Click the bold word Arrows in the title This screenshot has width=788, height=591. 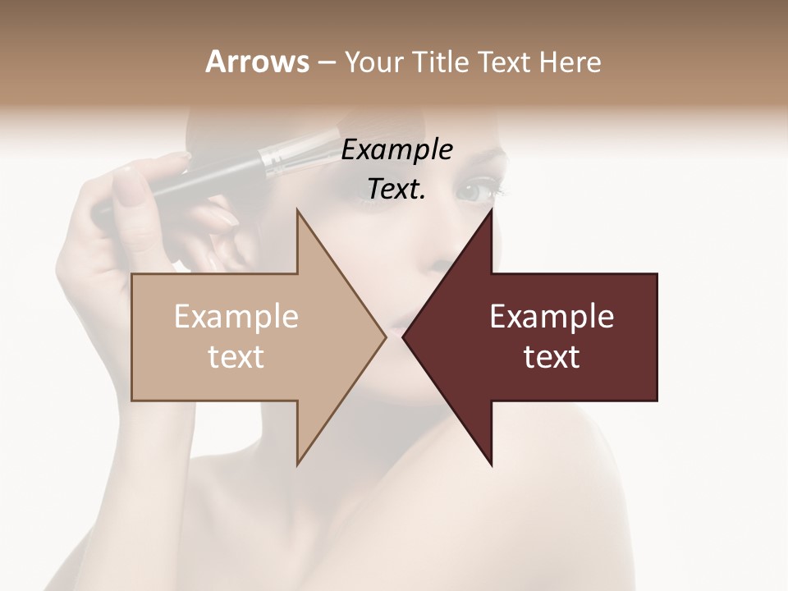pos(257,62)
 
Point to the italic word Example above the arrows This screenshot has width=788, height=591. pos(396,150)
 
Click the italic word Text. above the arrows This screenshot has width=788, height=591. pos(396,190)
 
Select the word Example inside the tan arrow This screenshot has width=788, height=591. pos(236,317)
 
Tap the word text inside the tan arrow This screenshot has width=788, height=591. pos(236,356)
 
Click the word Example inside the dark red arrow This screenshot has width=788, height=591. pos(552,317)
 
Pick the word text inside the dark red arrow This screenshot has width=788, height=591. pos(552,356)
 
